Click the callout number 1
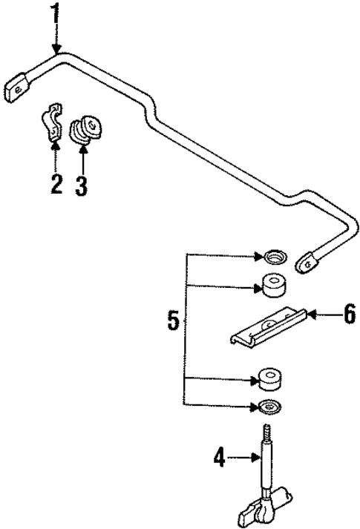point(55,13)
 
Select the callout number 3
point(82,185)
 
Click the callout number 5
point(173,321)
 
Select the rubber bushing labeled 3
point(87,130)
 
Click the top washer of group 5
point(273,258)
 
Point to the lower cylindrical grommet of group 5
point(270,379)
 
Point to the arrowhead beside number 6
point(312,315)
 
